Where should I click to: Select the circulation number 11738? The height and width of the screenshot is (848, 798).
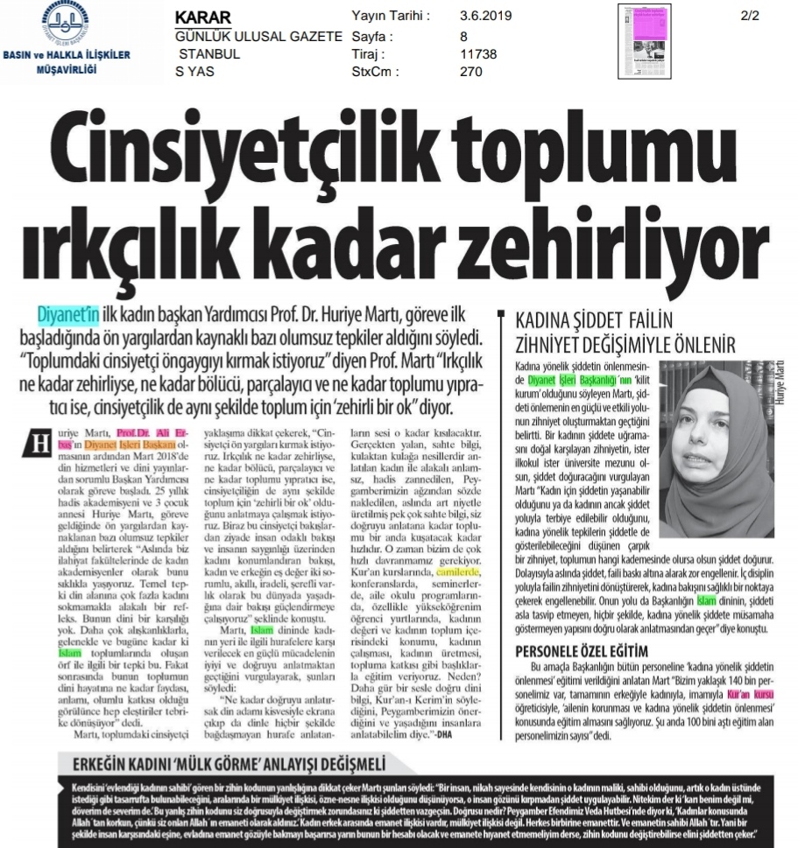coord(477,54)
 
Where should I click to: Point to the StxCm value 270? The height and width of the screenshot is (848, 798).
coord(470,73)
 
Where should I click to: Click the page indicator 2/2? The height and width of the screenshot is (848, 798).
coord(751,17)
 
